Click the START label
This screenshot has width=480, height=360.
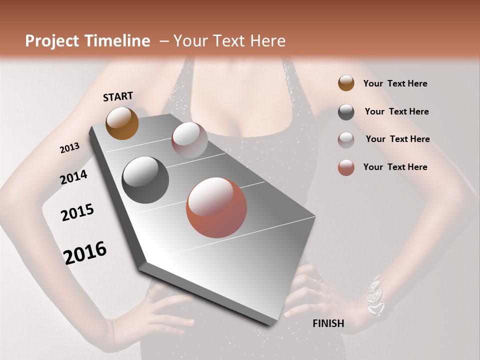(118, 96)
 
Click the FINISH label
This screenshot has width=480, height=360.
(328, 323)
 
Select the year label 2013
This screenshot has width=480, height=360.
(69, 148)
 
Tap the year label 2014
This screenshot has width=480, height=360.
(73, 177)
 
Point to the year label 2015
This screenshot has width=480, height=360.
(77, 212)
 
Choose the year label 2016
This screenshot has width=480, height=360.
(85, 252)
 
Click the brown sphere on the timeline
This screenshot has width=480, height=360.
(122, 123)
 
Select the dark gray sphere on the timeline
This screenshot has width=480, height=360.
(145, 180)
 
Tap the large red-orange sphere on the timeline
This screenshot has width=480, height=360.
(216, 207)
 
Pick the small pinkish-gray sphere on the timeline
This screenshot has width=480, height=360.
(189, 139)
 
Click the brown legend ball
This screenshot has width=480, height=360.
(346, 83)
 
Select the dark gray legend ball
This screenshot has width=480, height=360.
(346, 112)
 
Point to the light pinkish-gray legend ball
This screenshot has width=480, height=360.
(346, 140)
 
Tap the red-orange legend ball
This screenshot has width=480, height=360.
(346, 167)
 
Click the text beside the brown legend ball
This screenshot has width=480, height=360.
(395, 83)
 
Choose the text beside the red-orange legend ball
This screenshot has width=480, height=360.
(395, 167)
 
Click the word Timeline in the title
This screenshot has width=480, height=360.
(118, 41)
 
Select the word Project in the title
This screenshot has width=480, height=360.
(51, 41)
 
